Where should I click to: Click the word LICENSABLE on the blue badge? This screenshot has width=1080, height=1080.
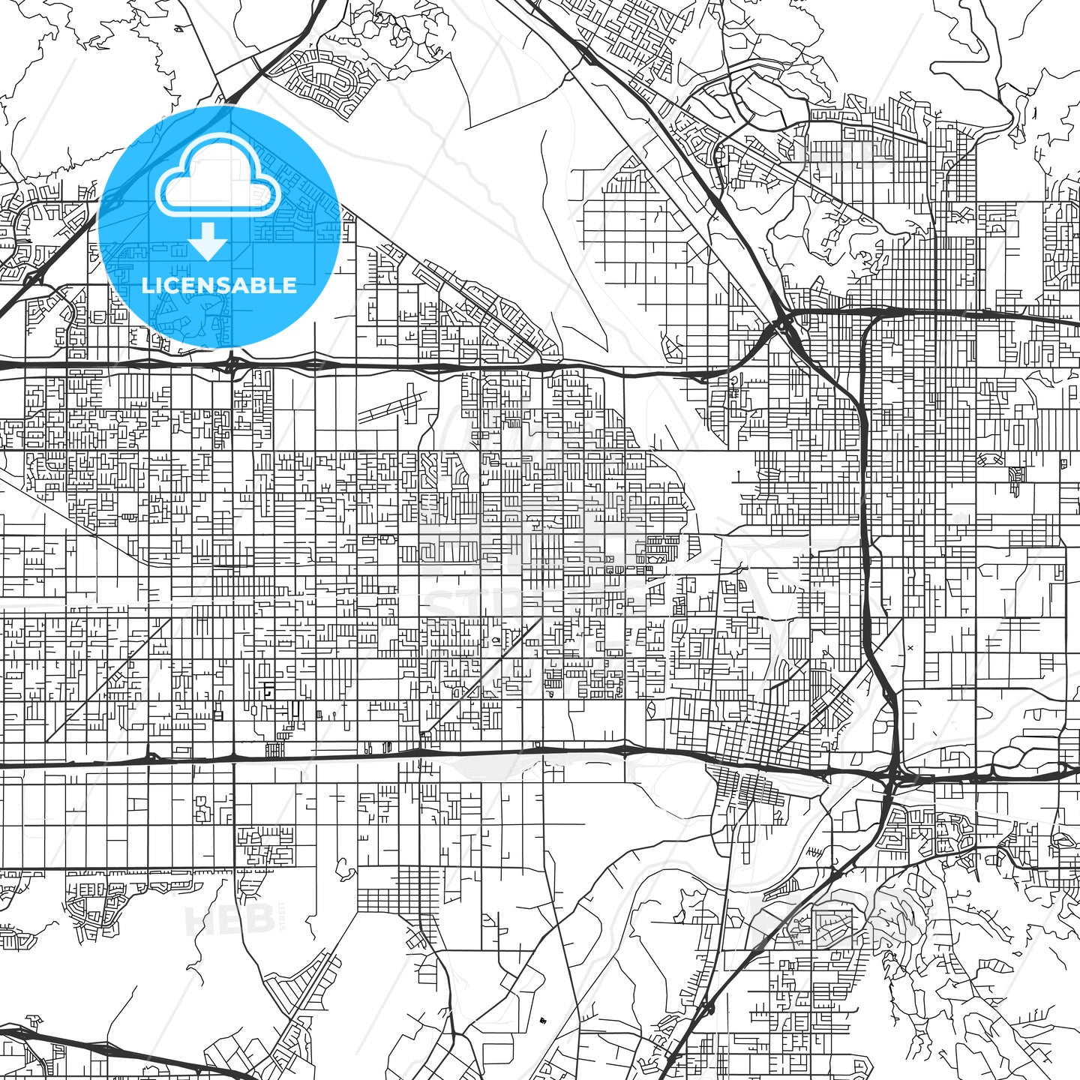coord(219,285)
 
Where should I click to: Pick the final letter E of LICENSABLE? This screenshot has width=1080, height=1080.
coord(290,285)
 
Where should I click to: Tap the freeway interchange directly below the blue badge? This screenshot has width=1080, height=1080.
coord(232,365)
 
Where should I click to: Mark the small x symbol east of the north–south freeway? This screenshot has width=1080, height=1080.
coord(910,647)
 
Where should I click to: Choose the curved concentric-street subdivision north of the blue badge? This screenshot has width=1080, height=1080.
coord(330,82)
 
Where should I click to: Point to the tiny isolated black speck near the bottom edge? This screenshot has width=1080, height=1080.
coord(541,1021)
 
